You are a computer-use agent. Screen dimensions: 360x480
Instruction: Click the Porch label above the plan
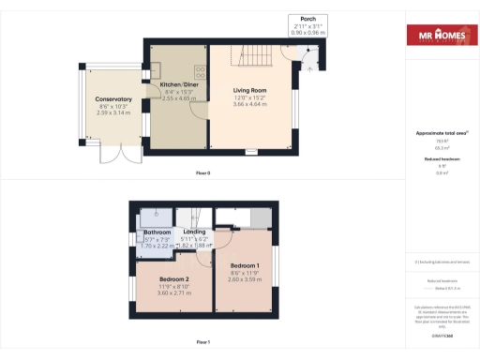pos(307,19)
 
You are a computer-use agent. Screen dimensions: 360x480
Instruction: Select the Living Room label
pos(250,91)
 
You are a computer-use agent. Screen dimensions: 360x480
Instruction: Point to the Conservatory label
pos(112,99)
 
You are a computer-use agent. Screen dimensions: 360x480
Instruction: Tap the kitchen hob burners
pos(199,69)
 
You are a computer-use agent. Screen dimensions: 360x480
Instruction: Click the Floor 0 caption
pos(202,173)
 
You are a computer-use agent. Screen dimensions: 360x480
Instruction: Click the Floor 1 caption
pos(202,342)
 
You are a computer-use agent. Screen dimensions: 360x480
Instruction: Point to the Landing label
pos(194,232)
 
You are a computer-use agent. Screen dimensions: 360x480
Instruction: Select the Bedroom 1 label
pos(246,265)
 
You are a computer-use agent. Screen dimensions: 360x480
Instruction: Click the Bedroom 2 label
pos(174,280)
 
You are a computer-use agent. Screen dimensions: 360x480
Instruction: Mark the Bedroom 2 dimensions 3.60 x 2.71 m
pos(174,293)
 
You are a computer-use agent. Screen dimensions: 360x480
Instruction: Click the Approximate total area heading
pos(441,134)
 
